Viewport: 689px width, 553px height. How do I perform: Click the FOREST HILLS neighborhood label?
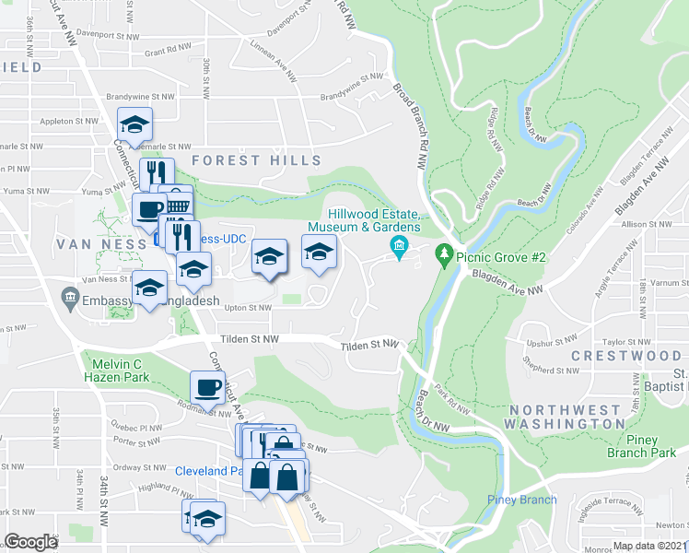tap(257, 160)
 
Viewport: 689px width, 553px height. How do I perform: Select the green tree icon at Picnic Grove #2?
tap(445, 253)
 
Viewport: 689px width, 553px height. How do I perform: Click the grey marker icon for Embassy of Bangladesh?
tap(69, 298)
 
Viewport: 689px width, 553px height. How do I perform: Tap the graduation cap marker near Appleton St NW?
tap(134, 124)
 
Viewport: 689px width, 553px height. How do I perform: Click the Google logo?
tap(30, 542)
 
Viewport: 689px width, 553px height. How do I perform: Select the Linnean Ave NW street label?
tap(274, 66)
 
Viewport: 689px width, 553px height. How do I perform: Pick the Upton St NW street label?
tap(249, 308)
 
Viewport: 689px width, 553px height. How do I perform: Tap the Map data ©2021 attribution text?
tap(649, 546)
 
